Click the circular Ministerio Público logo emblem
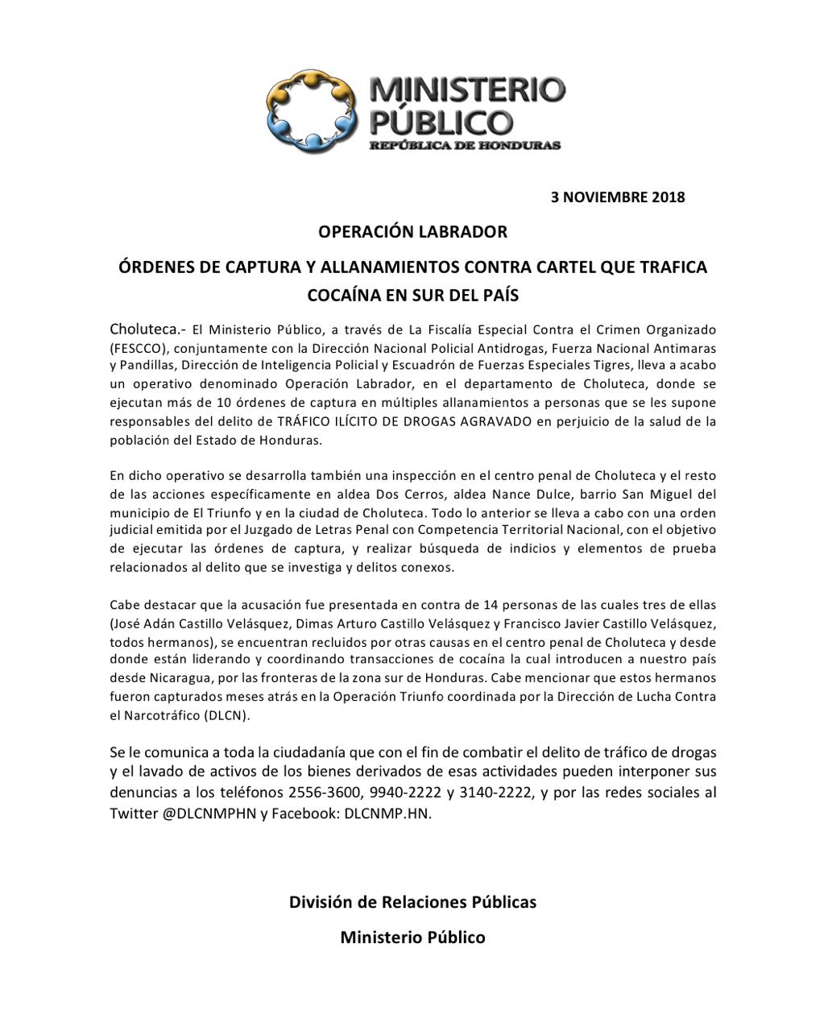click(x=313, y=112)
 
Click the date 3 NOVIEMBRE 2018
click(x=618, y=197)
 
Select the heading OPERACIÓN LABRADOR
click(x=412, y=232)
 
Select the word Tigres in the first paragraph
click(x=608, y=365)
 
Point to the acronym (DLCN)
click(x=227, y=715)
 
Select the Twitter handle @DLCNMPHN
click(x=209, y=814)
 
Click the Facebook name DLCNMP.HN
click(x=387, y=814)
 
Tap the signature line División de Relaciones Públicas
click(x=412, y=902)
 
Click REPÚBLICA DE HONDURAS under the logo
click(x=465, y=146)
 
